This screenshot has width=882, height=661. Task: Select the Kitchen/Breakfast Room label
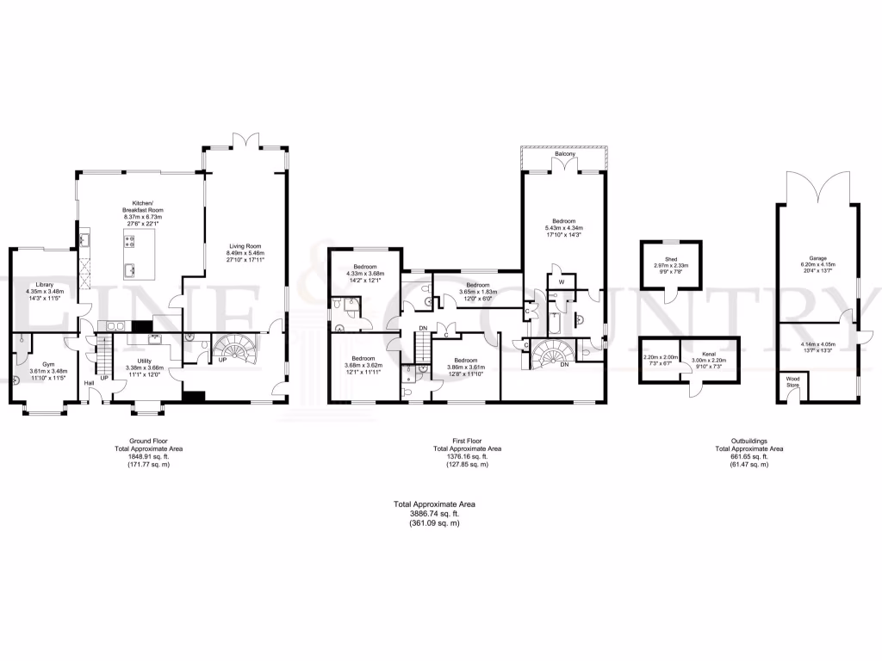pyautogui.click(x=143, y=210)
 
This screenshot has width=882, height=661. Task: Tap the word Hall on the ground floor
pyautogui.click(x=88, y=383)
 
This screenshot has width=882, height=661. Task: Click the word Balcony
pyautogui.click(x=564, y=155)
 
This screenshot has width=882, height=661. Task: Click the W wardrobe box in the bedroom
pyautogui.click(x=560, y=282)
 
